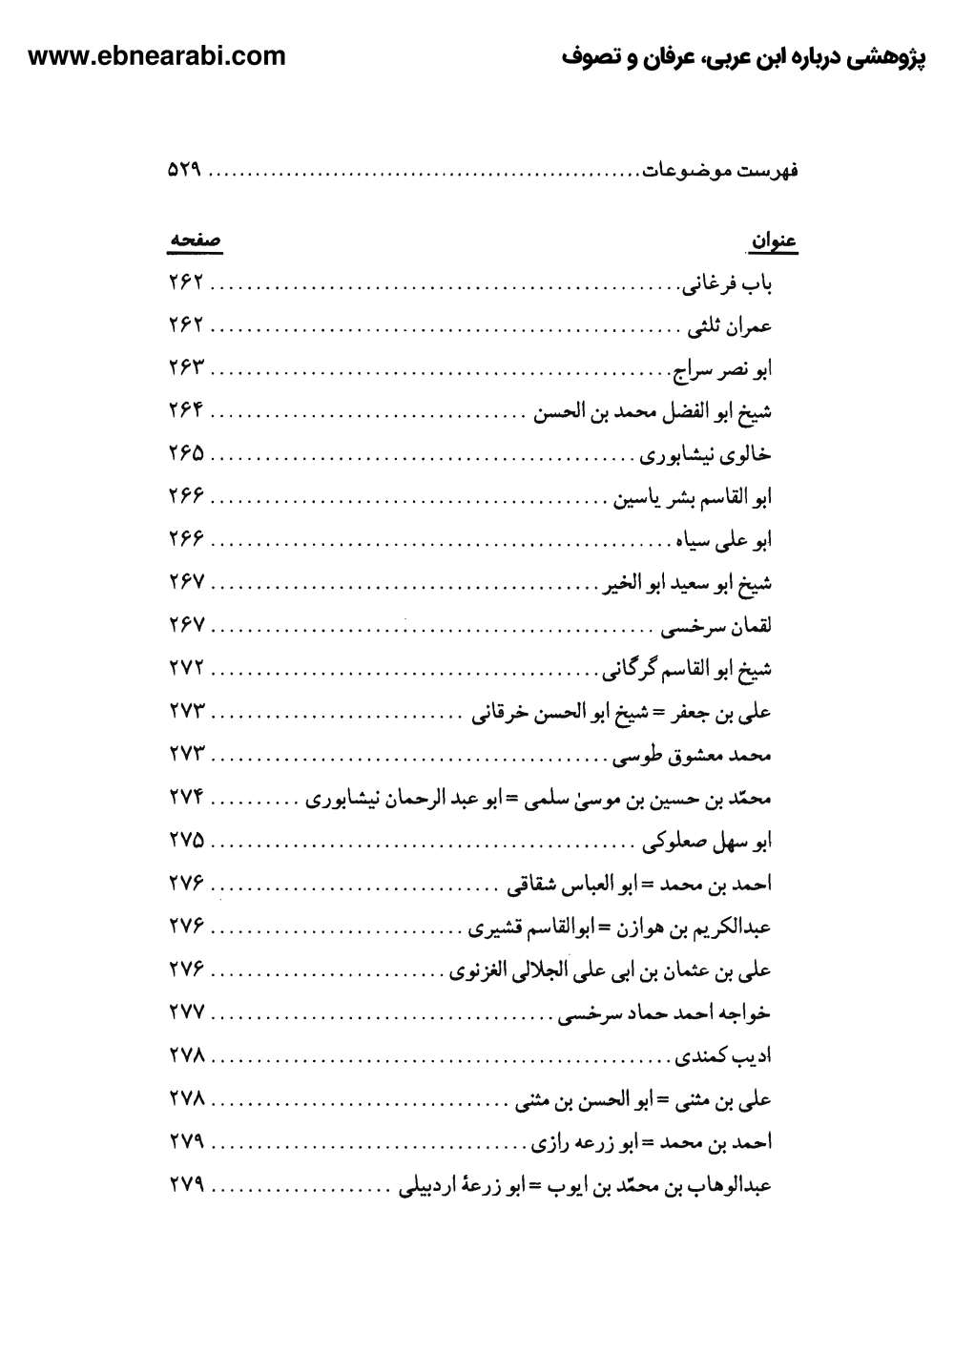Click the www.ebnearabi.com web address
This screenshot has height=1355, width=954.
157,56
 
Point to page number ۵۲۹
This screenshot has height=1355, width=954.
187,171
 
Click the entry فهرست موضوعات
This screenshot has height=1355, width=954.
720,171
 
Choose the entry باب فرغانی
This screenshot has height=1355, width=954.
726,283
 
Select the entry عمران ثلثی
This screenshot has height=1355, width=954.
730,326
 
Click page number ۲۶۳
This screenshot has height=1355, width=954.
187,369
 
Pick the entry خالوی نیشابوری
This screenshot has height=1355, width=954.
705,455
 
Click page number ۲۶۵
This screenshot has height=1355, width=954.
187,455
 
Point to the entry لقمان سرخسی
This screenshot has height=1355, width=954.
716,627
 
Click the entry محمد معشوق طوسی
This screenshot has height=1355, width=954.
692,756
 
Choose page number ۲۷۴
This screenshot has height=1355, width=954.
187,799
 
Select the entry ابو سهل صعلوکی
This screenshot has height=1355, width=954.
707,842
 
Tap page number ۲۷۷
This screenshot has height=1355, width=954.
187,1013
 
